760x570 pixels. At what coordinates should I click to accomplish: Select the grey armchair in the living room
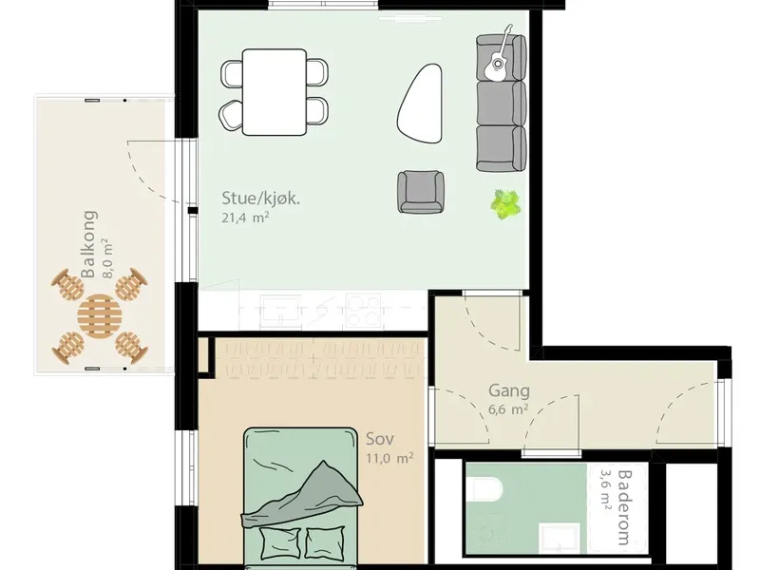tap(421, 192)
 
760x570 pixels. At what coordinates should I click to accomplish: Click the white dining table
tap(275, 91)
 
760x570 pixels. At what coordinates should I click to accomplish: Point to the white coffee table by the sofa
tap(420, 104)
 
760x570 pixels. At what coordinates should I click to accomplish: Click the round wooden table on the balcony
tap(99, 316)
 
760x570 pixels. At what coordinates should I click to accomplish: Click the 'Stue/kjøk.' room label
tap(260, 199)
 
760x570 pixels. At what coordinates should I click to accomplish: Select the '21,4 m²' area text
tap(245, 218)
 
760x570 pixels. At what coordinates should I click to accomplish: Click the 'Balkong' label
tap(88, 244)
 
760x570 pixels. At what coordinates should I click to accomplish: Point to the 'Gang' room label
tap(509, 390)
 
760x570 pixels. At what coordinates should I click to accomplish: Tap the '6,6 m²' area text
tap(508, 409)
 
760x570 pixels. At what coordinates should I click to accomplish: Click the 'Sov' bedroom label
tap(380, 439)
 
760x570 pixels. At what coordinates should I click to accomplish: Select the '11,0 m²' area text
tap(389, 458)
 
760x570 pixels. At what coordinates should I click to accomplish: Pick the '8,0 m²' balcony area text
tap(107, 257)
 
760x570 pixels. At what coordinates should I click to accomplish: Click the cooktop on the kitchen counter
tap(363, 311)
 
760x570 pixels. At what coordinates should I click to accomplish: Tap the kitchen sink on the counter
tap(280, 312)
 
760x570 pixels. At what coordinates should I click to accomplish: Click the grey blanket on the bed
tap(303, 495)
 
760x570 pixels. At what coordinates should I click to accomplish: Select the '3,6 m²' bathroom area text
tap(606, 490)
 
